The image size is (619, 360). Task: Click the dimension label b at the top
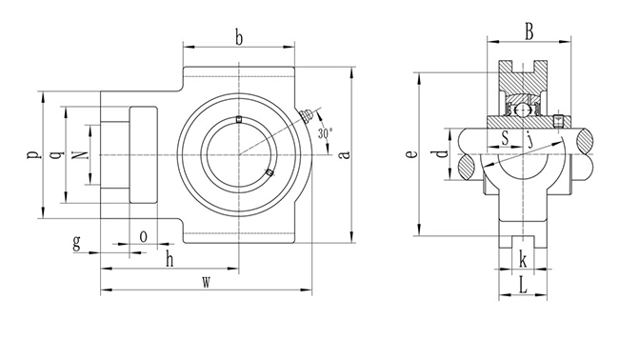pos(238,39)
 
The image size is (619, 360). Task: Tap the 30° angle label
pos(325,133)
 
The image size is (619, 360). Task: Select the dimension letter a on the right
pos(346,154)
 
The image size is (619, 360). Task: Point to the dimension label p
pos(33,154)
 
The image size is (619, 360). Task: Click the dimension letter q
pos(58,154)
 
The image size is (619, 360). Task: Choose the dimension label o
pos(144,237)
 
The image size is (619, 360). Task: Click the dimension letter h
pos(170,260)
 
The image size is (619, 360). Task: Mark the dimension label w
pos(206,282)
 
